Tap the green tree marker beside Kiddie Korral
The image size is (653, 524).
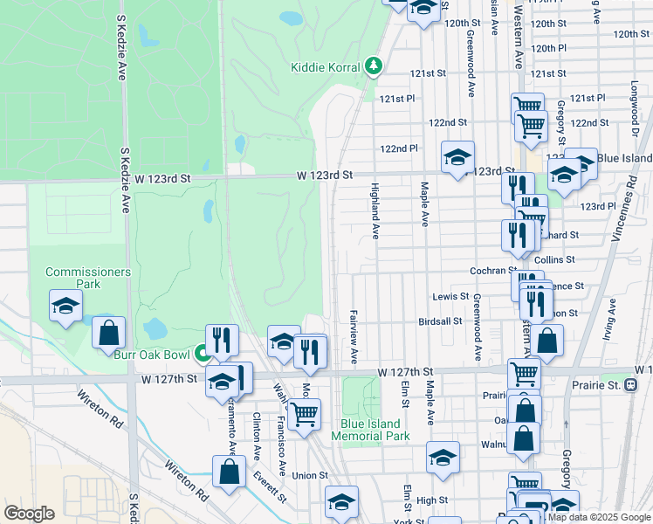374,66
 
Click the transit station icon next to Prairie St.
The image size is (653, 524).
631,384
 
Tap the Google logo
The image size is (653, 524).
29,514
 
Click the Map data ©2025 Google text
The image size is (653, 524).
599,517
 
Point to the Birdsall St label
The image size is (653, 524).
440,321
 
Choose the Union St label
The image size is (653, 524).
310,475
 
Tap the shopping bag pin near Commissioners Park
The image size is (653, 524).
109,333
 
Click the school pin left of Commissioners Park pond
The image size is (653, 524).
65,307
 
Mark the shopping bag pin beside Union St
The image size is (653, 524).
229,472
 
